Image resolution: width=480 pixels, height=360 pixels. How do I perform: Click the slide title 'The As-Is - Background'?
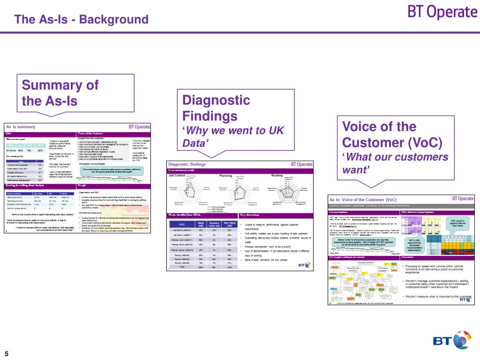(x=81, y=20)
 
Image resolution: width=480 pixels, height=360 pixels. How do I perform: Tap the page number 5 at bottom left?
(x=7, y=353)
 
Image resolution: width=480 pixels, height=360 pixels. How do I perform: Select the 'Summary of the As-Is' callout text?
(x=60, y=93)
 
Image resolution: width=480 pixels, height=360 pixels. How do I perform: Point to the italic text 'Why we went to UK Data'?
(x=232, y=137)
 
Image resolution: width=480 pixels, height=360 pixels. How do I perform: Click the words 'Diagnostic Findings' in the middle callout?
(x=216, y=108)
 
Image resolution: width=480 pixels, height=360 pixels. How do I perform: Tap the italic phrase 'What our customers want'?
(x=395, y=163)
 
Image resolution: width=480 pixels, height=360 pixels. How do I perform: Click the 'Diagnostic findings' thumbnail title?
(x=187, y=165)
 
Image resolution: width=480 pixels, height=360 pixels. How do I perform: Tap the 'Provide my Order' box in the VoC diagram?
(x=367, y=263)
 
